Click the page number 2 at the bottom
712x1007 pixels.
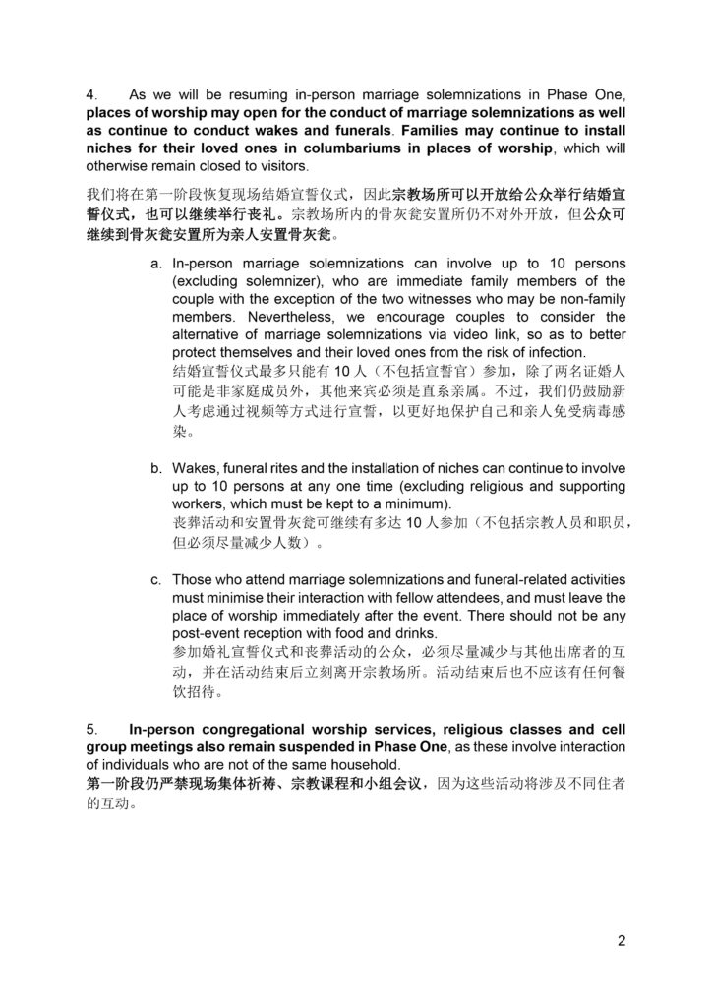point(622,939)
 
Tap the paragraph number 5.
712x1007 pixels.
point(90,730)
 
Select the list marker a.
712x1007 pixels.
point(156,265)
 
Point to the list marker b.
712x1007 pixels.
point(156,467)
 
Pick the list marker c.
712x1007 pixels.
point(156,579)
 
